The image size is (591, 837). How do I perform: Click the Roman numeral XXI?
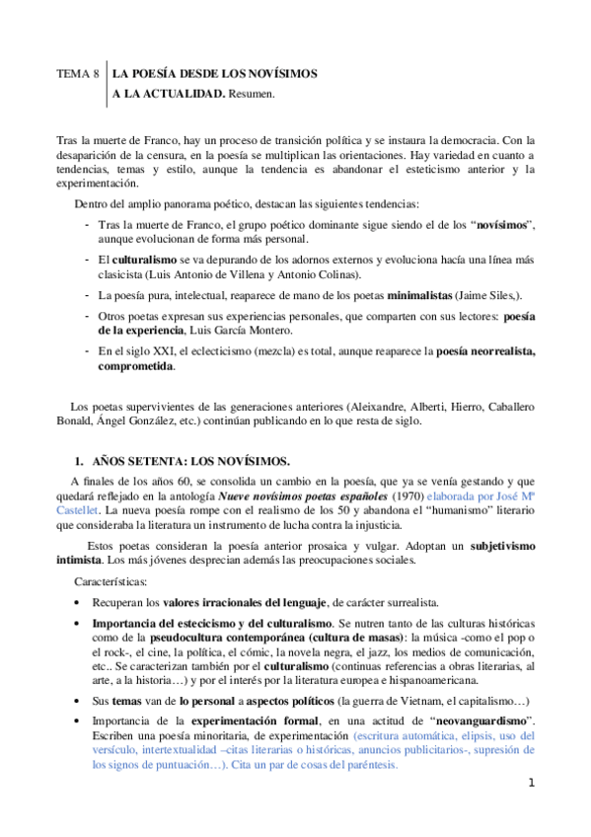click(x=151, y=352)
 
